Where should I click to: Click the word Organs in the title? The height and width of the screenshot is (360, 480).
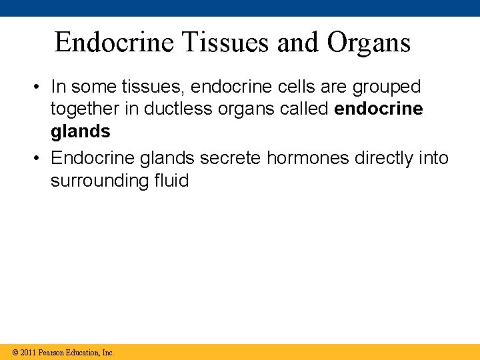pos(369,43)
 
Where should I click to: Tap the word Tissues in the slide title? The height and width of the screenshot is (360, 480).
pos(225,43)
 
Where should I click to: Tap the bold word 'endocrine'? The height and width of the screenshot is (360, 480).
pos(379,109)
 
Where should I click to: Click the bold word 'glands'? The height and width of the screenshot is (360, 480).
pos(81,131)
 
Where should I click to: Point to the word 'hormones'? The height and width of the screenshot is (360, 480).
pos(310,158)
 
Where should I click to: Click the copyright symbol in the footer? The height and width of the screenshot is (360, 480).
pos(15,352)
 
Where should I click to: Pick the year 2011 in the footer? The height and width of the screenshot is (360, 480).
pos(28,352)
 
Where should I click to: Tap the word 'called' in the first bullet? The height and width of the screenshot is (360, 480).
pos(302,109)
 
